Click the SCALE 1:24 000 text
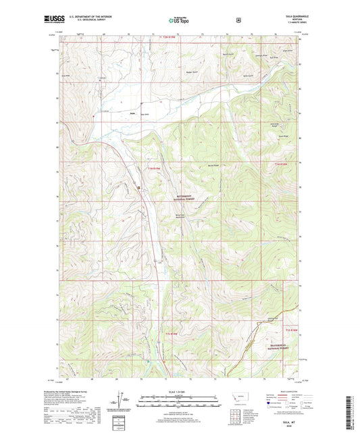pyautogui.click(x=179, y=392)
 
